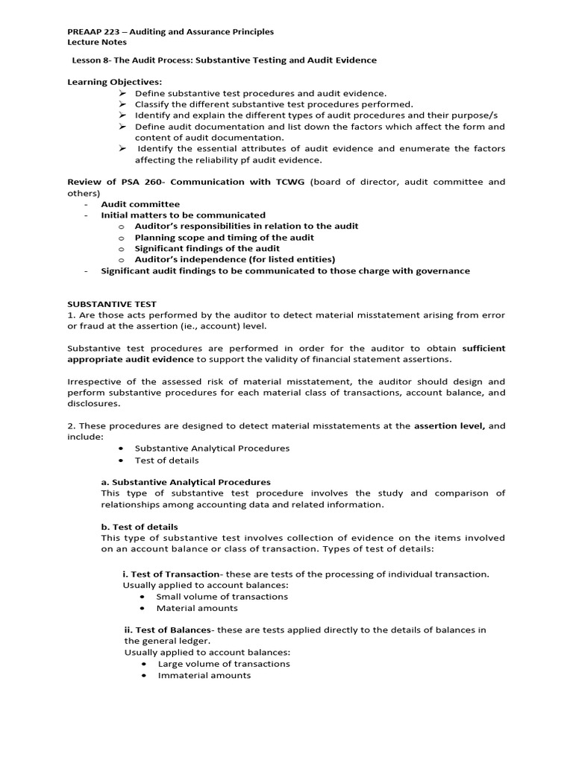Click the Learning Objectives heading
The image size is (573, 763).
(x=114, y=82)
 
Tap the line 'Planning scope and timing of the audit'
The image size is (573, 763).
(x=224, y=238)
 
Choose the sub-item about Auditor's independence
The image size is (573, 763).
(x=234, y=259)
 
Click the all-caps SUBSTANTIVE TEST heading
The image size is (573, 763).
(x=112, y=304)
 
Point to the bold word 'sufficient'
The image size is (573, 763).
(x=483, y=348)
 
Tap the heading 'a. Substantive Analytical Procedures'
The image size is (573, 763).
(x=186, y=482)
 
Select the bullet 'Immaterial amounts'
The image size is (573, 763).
(x=204, y=675)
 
